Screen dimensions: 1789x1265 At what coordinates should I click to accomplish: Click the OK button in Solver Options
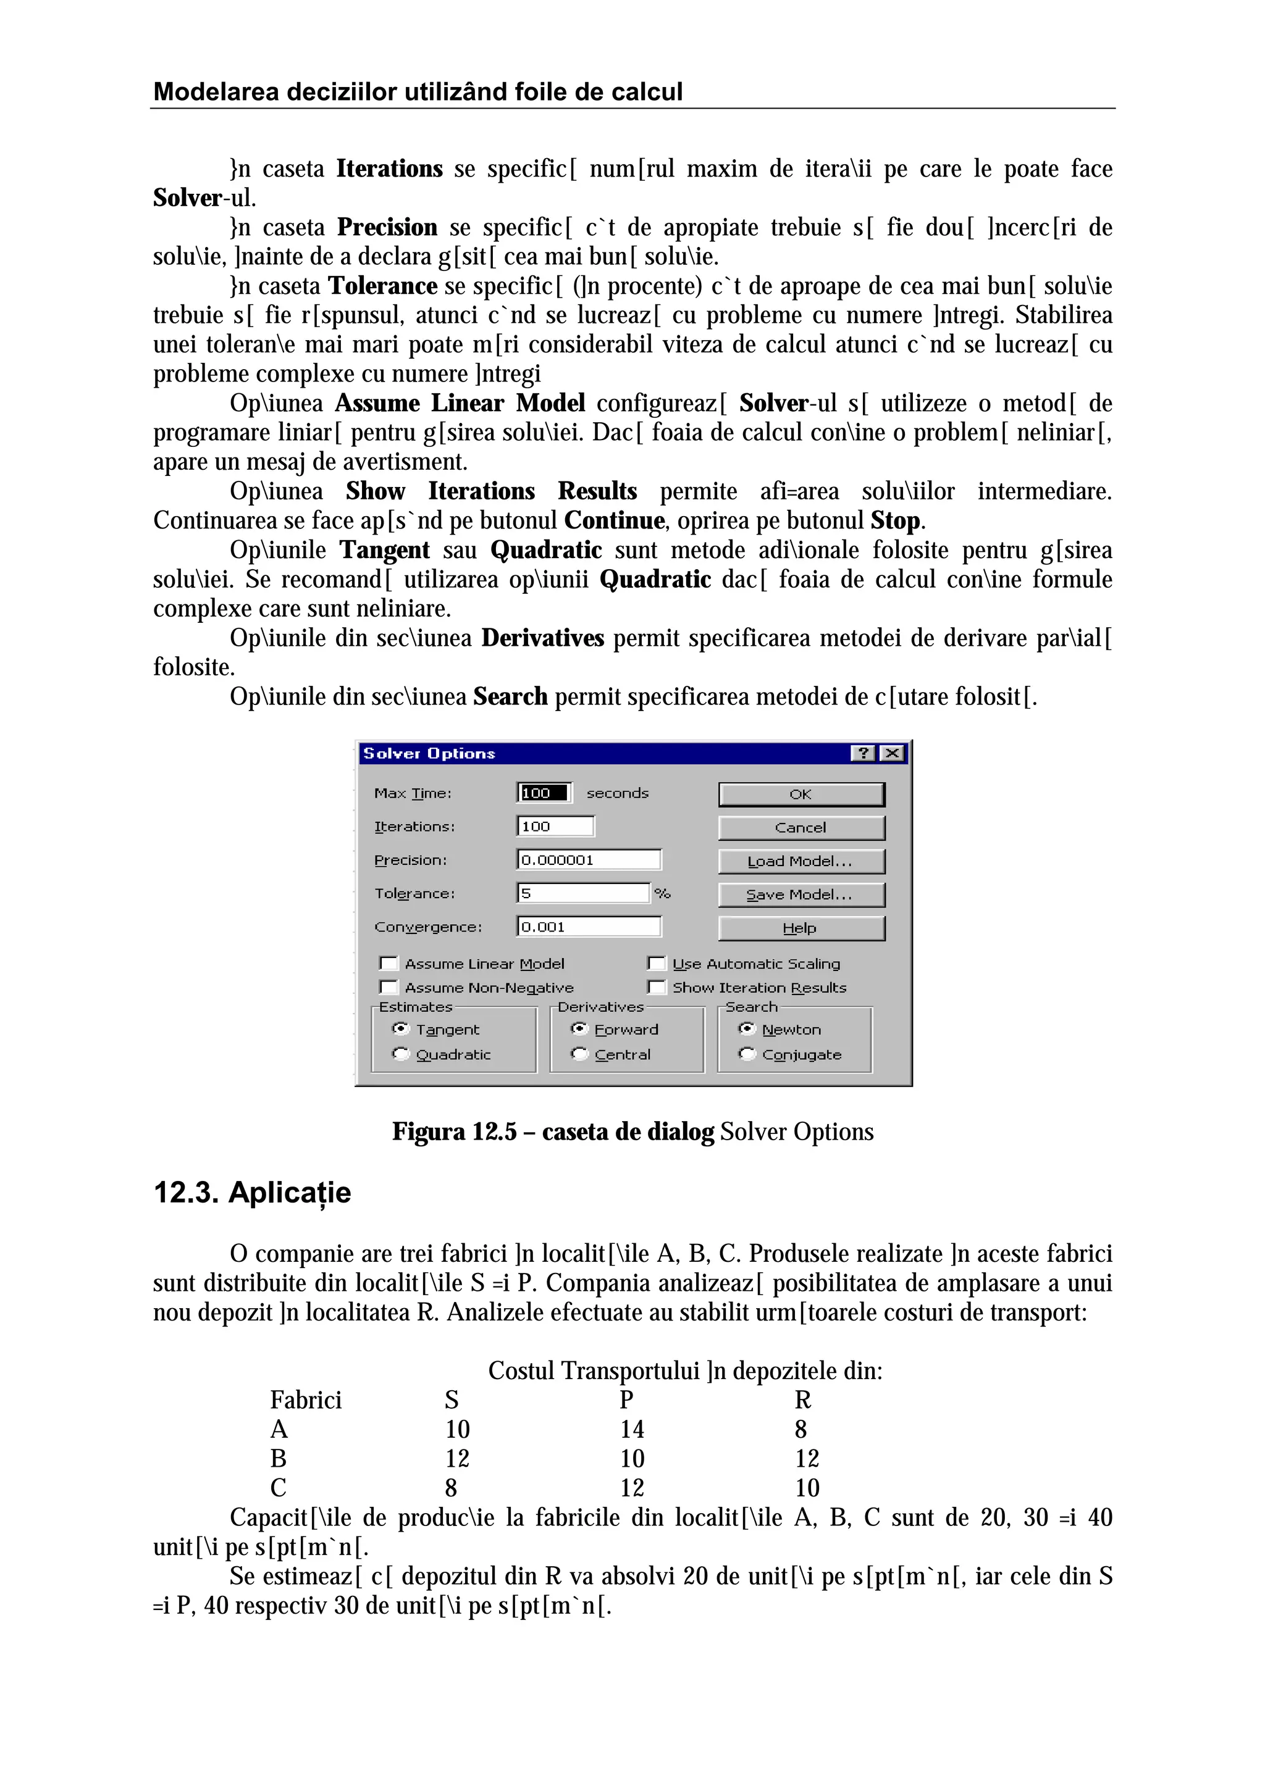[801, 794]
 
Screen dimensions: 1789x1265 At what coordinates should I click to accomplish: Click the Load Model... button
[801, 861]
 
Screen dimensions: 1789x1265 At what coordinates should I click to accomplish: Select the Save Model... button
[801, 894]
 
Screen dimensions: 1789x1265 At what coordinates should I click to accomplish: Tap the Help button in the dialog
[801, 928]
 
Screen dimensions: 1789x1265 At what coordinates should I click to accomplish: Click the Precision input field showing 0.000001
[589, 859]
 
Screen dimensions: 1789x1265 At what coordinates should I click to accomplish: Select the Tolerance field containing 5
[582, 893]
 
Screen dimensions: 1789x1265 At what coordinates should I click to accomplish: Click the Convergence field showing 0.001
[589, 927]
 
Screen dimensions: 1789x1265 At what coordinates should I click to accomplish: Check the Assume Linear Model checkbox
[388, 964]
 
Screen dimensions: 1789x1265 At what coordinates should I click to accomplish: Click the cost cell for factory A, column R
[801, 1429]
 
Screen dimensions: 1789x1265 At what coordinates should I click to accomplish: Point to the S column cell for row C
[452, 1488]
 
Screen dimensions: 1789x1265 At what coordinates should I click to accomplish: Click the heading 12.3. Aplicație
[252, 1193]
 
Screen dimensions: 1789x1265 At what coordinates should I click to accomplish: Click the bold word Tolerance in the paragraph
[382, 286]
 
